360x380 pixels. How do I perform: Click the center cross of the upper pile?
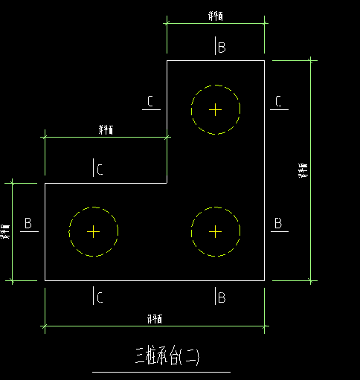(216, 110)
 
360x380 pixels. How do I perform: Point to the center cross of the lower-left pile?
(94, 231)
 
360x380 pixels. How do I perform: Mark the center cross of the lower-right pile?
(216, 231)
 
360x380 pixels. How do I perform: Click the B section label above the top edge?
(221, 48)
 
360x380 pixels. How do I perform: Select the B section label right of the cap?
(277, 223)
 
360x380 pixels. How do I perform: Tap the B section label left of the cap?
(28, 223)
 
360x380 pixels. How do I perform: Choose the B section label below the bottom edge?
(221, 298)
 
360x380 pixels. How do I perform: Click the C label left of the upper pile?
(151, 102)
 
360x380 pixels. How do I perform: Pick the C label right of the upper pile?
(277, 102)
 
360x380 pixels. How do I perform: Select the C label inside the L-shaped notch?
(99, 170)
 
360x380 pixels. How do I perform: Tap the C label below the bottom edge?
(99, 298)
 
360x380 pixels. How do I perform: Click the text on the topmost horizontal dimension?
(216, 16)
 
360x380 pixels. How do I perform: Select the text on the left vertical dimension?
(6, 231)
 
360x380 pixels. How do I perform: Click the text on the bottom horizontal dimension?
(155, 318)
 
